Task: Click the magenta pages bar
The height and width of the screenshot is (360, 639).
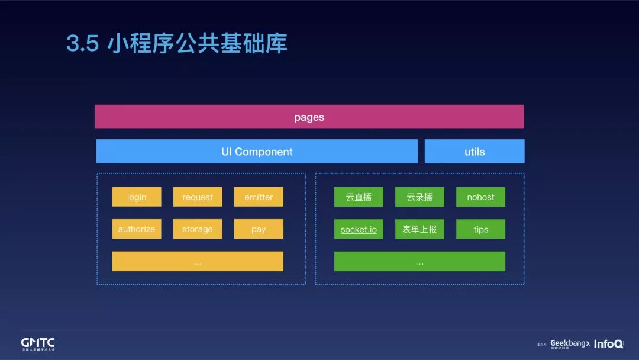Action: point(309,117)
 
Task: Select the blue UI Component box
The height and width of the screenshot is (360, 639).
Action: point(257,152)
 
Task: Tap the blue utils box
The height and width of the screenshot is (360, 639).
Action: point(475,152)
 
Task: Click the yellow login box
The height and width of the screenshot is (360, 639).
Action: point(137,197)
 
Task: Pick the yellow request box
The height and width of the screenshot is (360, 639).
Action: point(198,197)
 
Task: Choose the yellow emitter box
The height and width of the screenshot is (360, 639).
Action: point(259,197)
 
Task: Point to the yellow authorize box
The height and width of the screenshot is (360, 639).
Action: point(137,229)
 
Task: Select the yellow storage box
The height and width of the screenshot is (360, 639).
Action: point(198,229)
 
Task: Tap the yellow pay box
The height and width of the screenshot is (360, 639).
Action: point(259,229)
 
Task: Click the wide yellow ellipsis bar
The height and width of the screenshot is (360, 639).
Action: point(198,261)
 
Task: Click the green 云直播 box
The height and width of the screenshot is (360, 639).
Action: point(359,197)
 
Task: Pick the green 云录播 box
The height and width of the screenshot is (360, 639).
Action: point(419,197)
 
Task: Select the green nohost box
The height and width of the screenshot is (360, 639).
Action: point(480,197)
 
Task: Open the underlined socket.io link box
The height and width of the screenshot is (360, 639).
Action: point(359,229)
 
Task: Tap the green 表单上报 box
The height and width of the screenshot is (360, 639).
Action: point(419,229)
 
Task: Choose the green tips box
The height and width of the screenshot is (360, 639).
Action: point(480,229)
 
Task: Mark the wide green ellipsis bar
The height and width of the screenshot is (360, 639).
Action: point(419,261)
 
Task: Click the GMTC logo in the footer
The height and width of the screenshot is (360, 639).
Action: point(38,344)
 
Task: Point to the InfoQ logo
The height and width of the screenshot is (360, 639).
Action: point(608,343)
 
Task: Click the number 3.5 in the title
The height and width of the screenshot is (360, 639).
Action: point(82,44)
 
